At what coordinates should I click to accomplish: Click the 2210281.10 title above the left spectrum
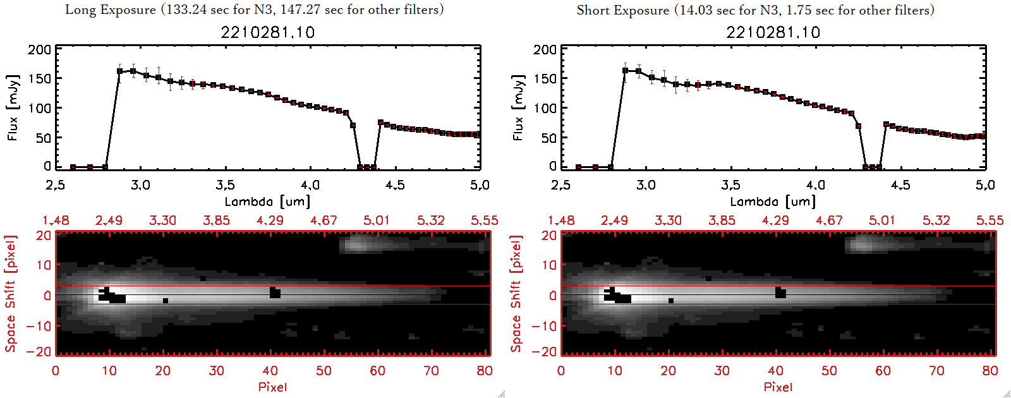coord(267,32)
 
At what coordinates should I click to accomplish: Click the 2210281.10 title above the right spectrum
coord(773,32)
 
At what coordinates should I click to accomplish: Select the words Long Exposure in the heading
coord(111,9)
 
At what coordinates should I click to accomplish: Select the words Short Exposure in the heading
coord(622,10)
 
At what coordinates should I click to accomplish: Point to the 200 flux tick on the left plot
coord(39,49)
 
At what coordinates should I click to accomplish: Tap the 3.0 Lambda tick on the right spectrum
coord(646,185)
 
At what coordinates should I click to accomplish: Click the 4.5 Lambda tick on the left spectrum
coord(395,185)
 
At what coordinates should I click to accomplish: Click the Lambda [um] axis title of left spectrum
coord(267,202)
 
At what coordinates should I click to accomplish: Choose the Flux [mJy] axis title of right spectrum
coord(518,107)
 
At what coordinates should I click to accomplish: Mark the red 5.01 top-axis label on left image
coord(377,220)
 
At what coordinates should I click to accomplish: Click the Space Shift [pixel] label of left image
coord(10,294)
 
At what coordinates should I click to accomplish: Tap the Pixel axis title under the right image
coord(778,387)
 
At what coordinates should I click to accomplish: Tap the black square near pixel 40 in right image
coord(780,292)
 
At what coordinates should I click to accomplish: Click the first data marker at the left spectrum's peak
coord(120,71)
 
